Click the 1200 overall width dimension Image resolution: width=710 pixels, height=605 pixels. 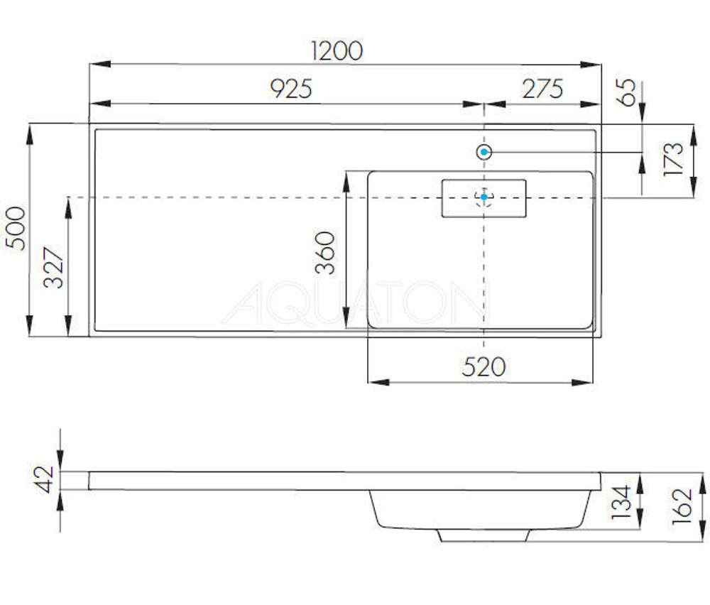click(x=337, y=50)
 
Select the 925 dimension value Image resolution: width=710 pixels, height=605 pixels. click(x=291, y=89)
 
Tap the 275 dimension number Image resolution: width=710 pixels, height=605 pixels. click(x=542, y=89)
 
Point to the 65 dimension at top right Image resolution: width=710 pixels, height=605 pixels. click(x=627, y=93)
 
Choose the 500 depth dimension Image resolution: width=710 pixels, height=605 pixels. click(x=16, y=228)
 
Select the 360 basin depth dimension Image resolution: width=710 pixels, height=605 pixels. click(x=325, y=252)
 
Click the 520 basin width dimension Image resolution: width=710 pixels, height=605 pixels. click(x=484, y=367)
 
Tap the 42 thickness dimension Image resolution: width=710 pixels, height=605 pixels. click(x=45, y=479)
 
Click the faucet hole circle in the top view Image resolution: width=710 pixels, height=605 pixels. click(x=484, y=152)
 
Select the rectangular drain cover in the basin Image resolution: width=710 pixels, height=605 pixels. click(x=484, y=198)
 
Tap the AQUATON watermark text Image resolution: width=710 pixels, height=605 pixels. click(x=355, y=304)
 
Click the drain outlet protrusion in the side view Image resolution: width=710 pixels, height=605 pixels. click(x=484, y=534)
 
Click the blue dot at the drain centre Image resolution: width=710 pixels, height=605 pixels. click(x=484, y=197)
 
